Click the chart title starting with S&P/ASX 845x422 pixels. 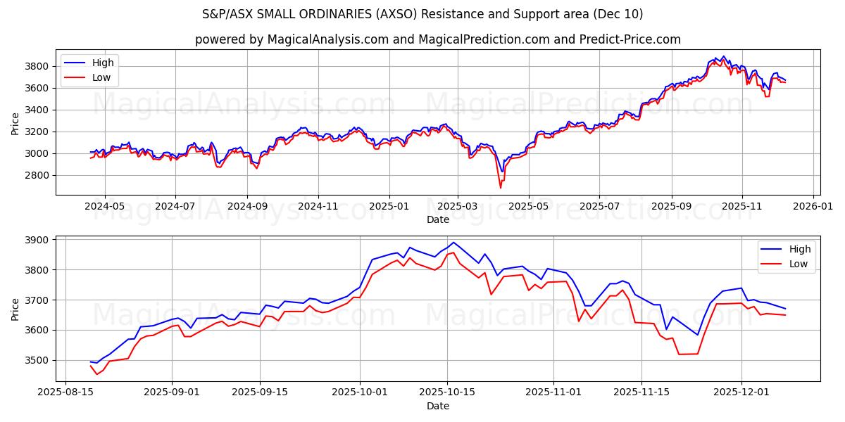(x=423, y=14)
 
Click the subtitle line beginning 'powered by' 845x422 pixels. (x=437, y=39)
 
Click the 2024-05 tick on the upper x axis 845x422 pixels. (x=105, y=206)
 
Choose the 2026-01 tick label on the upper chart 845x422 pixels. (x=813, y=206)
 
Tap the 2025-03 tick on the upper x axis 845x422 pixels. (x=458, y=206)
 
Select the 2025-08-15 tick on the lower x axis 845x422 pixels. (x=65, y=392)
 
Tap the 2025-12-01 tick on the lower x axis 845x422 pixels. (x=741, y=392)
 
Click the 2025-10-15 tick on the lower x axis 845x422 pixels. (x=447, y=392)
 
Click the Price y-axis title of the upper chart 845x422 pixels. (x=15, y=122)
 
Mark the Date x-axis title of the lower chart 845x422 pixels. (x=437, y=406)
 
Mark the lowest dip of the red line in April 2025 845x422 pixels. (x=501, y=187)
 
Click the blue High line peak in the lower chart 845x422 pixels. (x=453, y=243)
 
